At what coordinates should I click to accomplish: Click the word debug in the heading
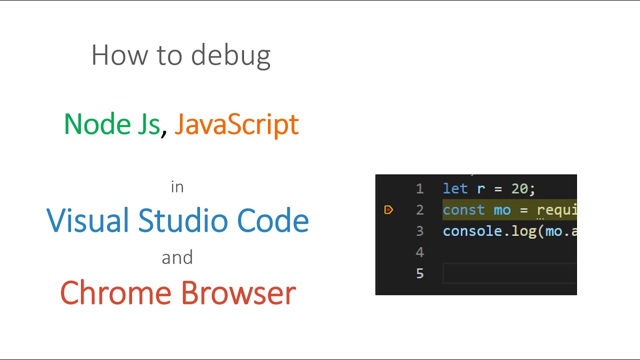pos(230,56)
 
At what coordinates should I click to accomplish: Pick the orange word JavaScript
pos(236,124)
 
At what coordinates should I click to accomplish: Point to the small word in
pos(177,187)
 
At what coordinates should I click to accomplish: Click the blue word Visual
pos(88,220)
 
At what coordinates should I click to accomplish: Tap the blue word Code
pos(273,220)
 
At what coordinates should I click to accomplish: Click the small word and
pos(177,257)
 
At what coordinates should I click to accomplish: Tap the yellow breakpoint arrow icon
pos(388,210)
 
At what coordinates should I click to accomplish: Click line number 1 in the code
pos(419,189)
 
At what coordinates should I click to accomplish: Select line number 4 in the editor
pos(419,252)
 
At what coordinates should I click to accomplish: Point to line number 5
pos(419,273)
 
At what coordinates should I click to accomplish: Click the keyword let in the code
pos(455,188)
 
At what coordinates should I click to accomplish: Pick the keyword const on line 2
pos(464,210)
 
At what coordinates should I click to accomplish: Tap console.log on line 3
pos(489,231)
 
